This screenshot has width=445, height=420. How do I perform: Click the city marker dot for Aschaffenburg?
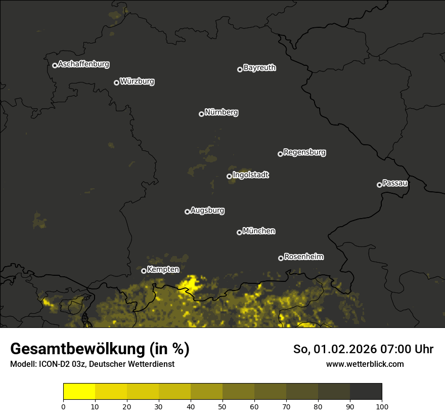coord(55,65)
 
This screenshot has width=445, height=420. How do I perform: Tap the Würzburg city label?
coord(137,81)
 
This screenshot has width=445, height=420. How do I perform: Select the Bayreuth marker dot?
coord(240,69)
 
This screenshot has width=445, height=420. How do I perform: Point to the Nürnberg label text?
coord(221,112)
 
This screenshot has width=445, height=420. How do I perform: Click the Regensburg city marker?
coord(280,154)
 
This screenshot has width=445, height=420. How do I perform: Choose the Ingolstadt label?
coord(251,175)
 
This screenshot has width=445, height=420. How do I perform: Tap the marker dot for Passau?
coord(379,185)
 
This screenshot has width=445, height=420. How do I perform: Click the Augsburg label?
coord(207,211)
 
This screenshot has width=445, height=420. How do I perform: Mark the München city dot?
coord(239,232)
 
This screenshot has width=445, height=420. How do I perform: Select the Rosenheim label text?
coord(303,257)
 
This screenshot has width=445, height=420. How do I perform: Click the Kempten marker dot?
coord(144,271)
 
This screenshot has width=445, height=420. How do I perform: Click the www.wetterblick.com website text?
coord(365,364)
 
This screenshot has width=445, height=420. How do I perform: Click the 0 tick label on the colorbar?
coord(63,406)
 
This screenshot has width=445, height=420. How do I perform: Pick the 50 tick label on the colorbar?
coord(223,406)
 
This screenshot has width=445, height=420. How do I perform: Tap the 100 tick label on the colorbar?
coord(382,406)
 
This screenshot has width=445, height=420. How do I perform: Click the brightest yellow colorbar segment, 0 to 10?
coord(79,392)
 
